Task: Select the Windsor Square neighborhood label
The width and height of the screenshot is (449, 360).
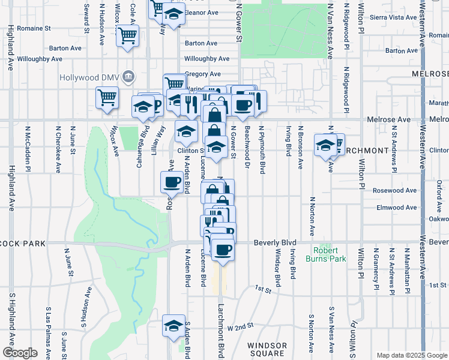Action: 267,350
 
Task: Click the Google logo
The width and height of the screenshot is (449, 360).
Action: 20,352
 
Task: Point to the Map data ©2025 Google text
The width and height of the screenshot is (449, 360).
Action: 411,355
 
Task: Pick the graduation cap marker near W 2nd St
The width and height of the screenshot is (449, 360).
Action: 173,325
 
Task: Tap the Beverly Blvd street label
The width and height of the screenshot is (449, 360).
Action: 276,242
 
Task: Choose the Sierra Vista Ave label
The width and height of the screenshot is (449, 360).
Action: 393,17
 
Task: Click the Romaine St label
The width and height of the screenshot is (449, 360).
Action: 33,28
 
